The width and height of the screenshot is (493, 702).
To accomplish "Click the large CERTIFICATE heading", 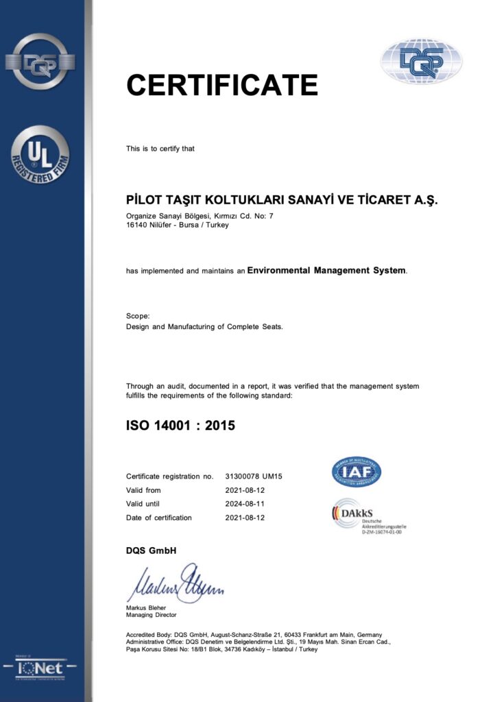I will [x=221, y=85].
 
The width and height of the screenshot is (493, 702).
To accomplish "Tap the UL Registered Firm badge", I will [x=40, y=154].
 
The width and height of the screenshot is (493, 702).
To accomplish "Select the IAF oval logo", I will [x=357, y=472].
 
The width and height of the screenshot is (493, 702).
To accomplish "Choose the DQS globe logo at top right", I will [x=421, y=61].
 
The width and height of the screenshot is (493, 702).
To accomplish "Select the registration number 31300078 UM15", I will [x=254, y=476].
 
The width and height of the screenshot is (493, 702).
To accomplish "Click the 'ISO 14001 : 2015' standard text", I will [x=180, y=426].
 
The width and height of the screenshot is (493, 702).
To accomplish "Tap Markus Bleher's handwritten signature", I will [x=175, y=584].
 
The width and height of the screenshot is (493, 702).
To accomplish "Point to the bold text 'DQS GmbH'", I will [x=151, y=550].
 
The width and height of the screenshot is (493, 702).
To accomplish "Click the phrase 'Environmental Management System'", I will [x=326, y=271].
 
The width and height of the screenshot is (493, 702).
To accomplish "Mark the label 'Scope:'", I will [x=138, y=316].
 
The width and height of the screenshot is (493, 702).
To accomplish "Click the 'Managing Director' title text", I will [x=151, y=615].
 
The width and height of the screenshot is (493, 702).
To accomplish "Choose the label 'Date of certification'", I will [x=159, y=518].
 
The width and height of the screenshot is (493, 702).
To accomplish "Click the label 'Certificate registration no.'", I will [x=170, y=476].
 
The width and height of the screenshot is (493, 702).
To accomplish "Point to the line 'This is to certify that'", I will [x=160, y=149].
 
